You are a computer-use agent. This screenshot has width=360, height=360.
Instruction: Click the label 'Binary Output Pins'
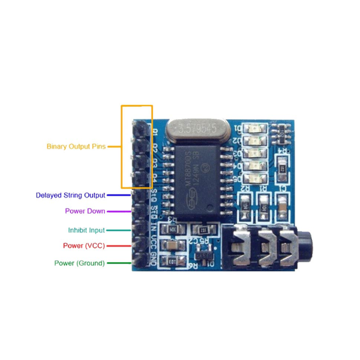point(77,146)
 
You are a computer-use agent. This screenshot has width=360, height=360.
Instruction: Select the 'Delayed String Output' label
point(70,195)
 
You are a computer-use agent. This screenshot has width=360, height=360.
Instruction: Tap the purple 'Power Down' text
point(85,211)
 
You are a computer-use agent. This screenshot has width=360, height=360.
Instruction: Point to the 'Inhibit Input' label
point(86,230)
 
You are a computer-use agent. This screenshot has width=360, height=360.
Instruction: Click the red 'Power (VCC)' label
point(83,246)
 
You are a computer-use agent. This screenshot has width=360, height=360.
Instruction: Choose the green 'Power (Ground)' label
point(79,263)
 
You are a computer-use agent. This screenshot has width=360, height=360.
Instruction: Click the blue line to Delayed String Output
point(119,195)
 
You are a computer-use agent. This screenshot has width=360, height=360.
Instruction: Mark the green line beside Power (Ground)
point(119,263)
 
